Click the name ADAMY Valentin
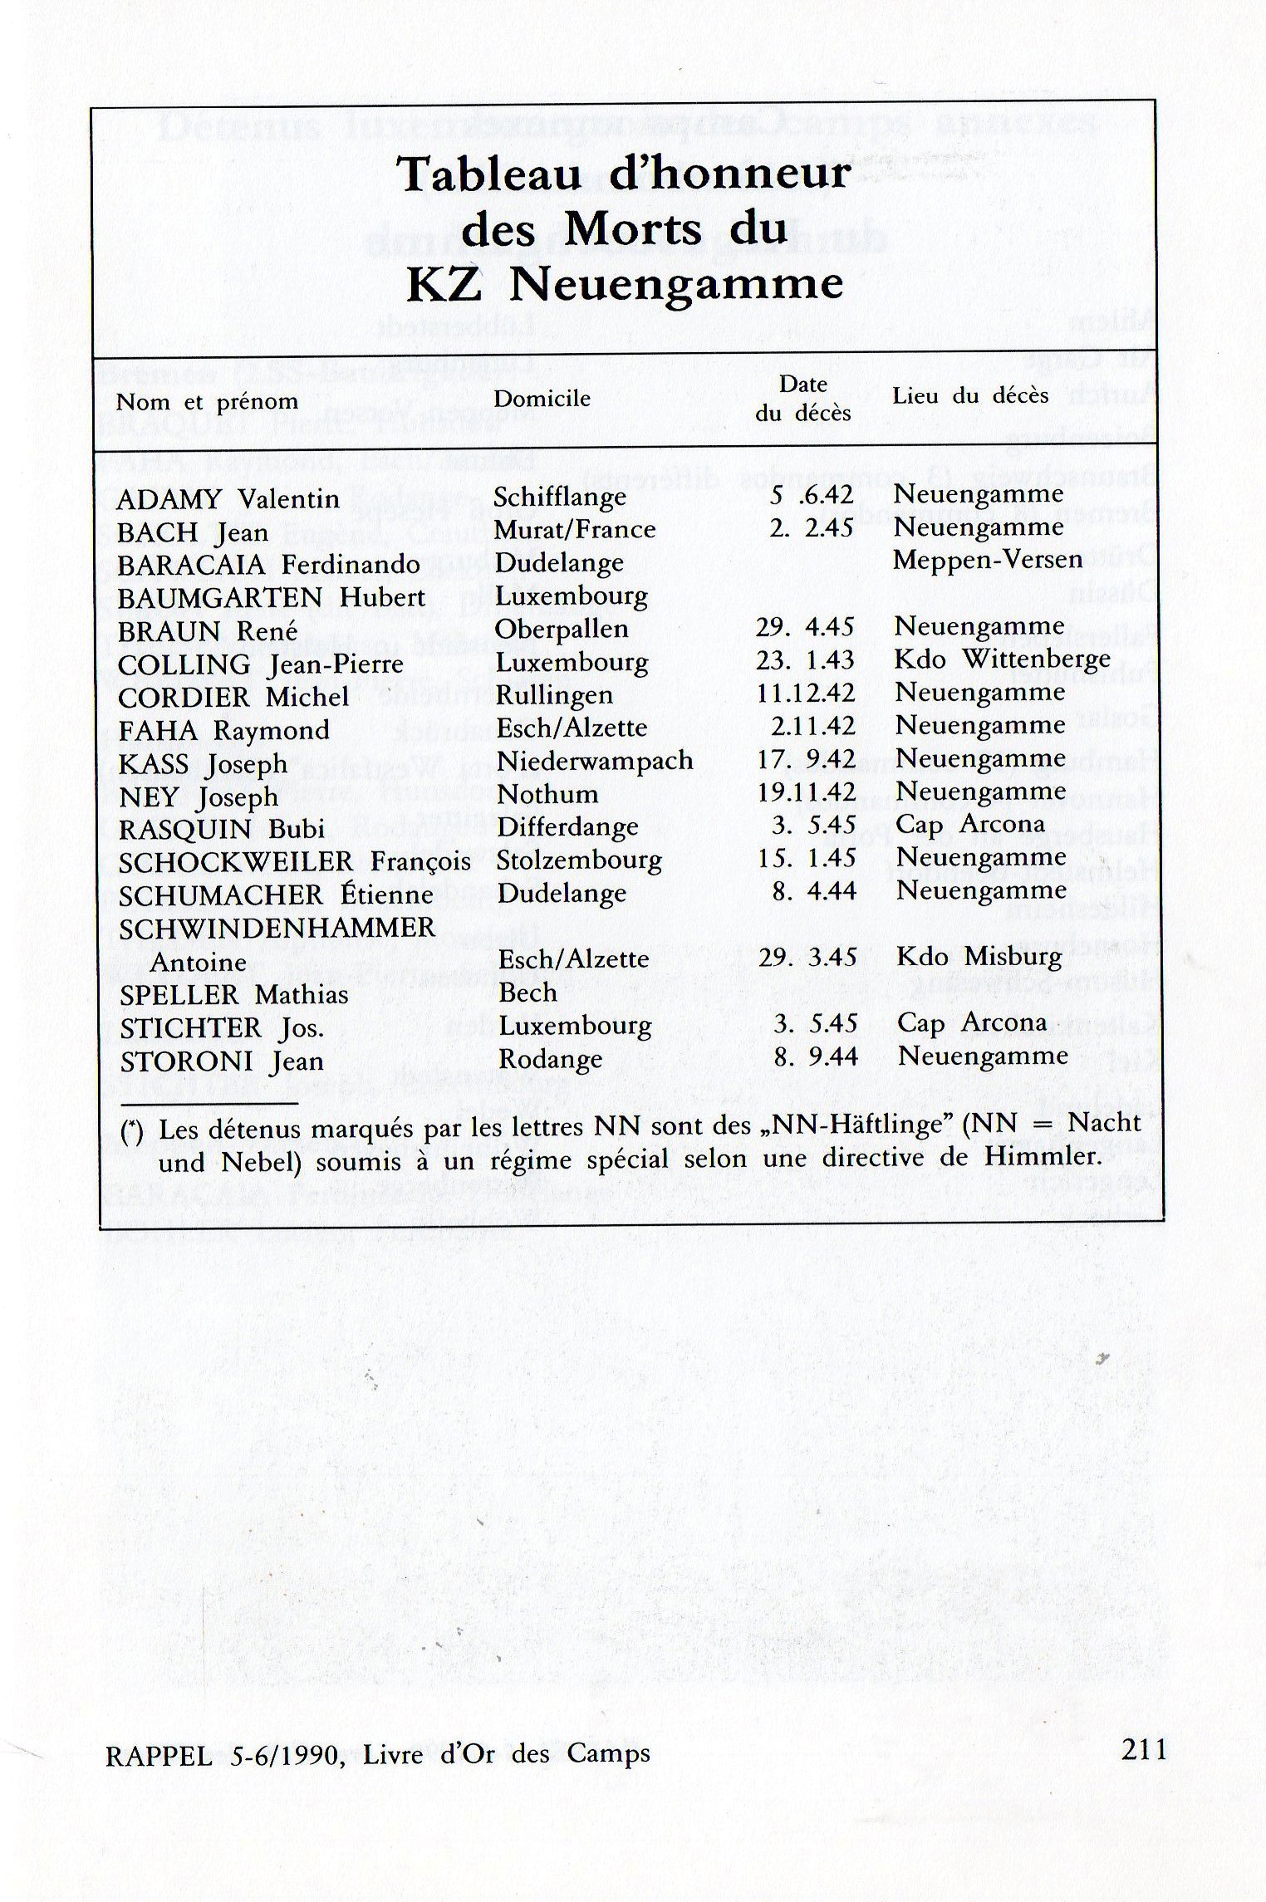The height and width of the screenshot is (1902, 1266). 228,499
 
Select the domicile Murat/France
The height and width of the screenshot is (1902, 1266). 575,529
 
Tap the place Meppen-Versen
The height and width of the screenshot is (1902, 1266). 988,559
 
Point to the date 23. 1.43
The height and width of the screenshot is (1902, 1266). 805,659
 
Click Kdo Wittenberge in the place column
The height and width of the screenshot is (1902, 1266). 1003,659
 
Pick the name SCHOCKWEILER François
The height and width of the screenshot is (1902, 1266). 295,861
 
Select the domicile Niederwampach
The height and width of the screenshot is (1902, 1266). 595,760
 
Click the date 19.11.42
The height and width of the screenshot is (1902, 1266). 806,792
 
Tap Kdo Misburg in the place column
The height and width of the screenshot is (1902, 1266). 979,957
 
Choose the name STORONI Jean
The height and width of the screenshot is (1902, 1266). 222,1061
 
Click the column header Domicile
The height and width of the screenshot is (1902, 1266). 542,399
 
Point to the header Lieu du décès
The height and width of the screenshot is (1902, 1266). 970,396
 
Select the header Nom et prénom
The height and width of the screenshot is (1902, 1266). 207,402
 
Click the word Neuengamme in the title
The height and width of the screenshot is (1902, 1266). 675,285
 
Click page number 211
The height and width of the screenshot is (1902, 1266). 1144,1750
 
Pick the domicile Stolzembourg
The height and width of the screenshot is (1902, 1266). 579,860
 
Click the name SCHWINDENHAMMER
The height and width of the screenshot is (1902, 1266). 277,929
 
